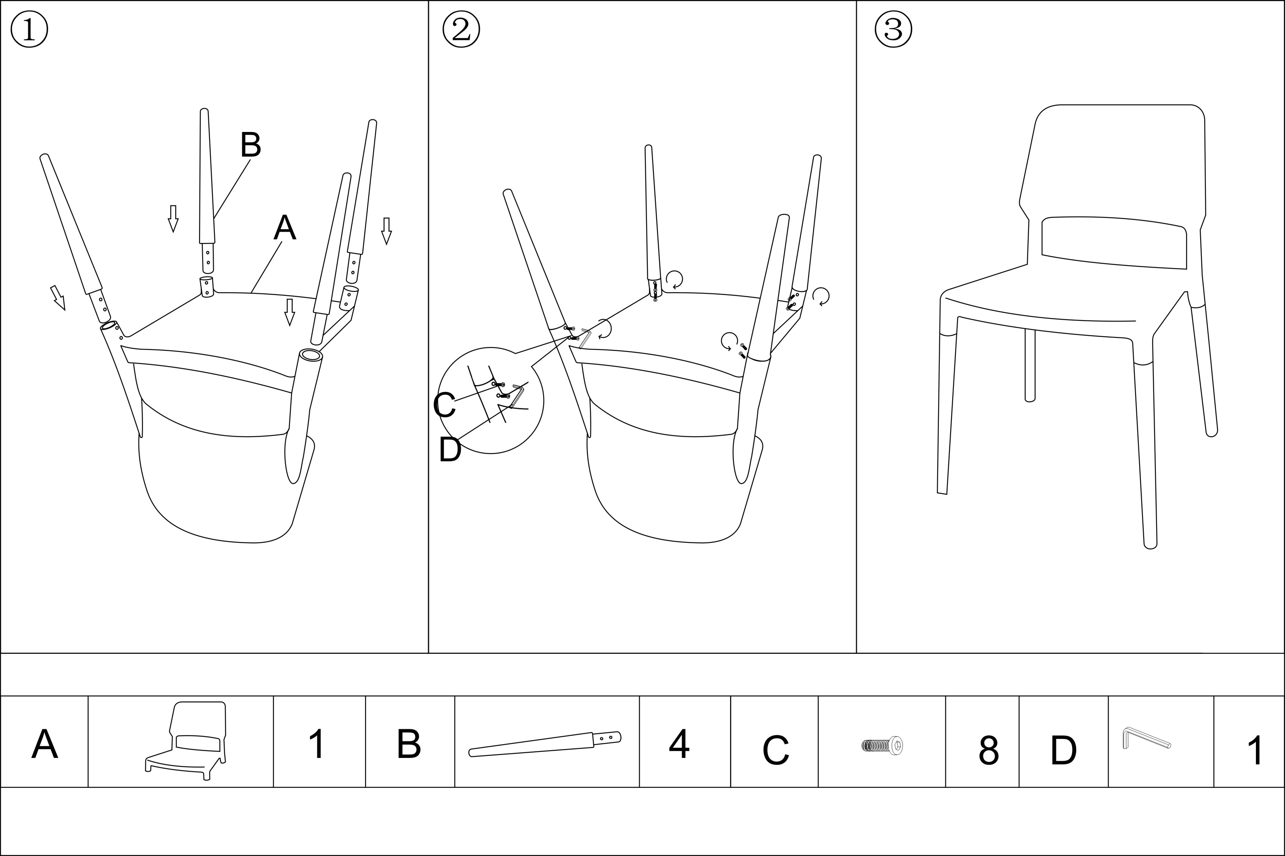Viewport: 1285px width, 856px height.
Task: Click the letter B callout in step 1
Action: [251, 145]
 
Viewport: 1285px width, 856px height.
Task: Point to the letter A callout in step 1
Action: [285, 228]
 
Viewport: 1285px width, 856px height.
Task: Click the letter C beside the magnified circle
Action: [444, 405]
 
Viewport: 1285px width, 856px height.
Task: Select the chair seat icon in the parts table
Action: [186, 741]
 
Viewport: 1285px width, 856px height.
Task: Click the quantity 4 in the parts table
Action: [679, 743]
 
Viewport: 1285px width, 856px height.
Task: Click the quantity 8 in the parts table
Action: [989, 750]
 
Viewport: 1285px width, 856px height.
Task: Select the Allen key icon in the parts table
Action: [1146, 738]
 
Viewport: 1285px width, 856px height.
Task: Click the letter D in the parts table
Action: [1063, 751]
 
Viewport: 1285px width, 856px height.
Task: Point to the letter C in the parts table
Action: [775, 751]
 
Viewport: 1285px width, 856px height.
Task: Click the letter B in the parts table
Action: [409, 743]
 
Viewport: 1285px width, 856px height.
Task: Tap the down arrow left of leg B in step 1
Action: [173, 218]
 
